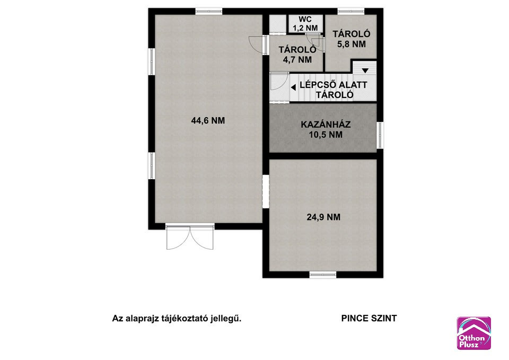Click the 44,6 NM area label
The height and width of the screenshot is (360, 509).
(208, 120)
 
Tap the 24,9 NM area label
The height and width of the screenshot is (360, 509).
(323, 217)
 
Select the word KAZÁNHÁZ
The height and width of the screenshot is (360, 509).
(326, 124)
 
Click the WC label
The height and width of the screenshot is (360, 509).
(305, 20)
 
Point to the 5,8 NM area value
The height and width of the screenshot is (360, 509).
(352, 44)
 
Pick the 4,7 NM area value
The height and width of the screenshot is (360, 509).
(297, 60)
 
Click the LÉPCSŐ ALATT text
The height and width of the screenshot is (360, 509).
(334, 85)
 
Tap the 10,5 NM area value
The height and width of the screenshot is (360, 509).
(326, 134)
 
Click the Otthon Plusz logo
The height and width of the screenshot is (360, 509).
(473, 333)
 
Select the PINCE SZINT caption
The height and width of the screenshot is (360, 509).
(369, 319)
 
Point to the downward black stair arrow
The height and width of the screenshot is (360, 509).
(365, 71)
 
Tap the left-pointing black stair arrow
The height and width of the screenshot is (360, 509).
(293, 87)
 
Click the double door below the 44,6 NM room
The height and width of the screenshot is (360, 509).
(190, 236)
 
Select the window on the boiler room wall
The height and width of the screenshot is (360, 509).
(380, 135)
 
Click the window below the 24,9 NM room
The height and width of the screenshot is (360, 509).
(323, 275)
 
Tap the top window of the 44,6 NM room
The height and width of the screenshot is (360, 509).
(209, 11)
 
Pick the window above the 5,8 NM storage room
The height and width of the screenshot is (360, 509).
(350, 11)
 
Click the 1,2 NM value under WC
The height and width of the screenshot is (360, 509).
(305, 28)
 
